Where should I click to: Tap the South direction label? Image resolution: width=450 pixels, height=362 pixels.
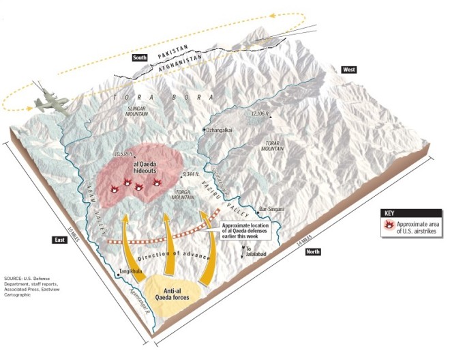pos(140,59)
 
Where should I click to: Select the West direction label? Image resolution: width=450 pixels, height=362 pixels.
pos(348,70)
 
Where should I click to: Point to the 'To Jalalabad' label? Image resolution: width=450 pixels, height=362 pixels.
pos(253,251)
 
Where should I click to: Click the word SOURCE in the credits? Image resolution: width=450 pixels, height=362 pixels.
pos(13,279)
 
